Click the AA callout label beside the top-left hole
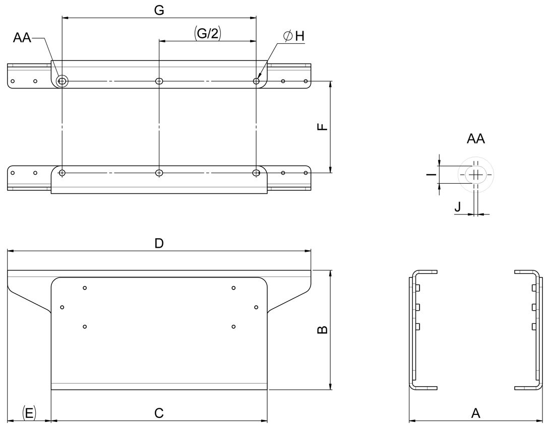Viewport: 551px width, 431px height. tap(22, 38)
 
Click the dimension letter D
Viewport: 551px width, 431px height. tap(159, 243)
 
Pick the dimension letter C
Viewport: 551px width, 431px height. tap(159, 413)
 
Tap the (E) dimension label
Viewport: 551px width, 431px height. tap(29, 413)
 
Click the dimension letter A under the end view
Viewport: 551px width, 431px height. tap(475, 413)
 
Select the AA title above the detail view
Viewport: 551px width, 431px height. tap(475, 139)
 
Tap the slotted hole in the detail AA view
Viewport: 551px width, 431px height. tap(475, 175)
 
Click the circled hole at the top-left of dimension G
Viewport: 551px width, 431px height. tap(62, 81)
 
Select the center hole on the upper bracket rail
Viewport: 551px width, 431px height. tap(159, 81)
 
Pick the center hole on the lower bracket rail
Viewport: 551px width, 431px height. tap(159, 173)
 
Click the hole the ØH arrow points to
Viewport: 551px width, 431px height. tap(257, 81)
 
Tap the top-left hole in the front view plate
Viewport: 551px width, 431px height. tap(85, 288)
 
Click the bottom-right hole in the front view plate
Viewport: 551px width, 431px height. tap(233, 327)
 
